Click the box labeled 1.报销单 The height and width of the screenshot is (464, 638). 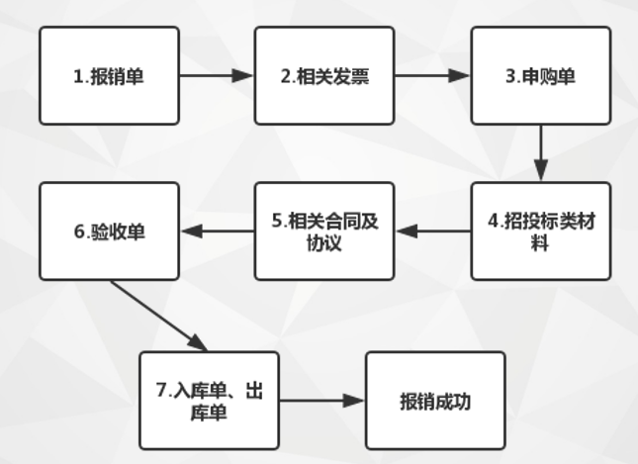(110, 75)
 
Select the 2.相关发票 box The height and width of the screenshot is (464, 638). (323, 75)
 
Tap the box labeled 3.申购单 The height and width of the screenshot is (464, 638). (539, 75)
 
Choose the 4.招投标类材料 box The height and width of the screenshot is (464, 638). (539, 231)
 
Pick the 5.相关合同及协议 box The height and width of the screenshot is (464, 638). (323, 231)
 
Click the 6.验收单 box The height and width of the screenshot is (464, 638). (110, 231)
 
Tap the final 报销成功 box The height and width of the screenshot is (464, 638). (435, 400)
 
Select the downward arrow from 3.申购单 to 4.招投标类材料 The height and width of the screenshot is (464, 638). (540, 152)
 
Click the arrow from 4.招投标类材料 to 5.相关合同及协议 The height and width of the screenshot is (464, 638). (431, 231)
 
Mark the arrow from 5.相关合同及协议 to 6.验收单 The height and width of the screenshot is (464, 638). (217, 231)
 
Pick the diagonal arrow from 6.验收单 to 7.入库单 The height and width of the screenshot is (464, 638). (159, 316)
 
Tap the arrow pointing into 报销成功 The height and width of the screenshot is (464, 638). (321, 401)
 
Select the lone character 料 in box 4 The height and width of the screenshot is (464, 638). (540, 243)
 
